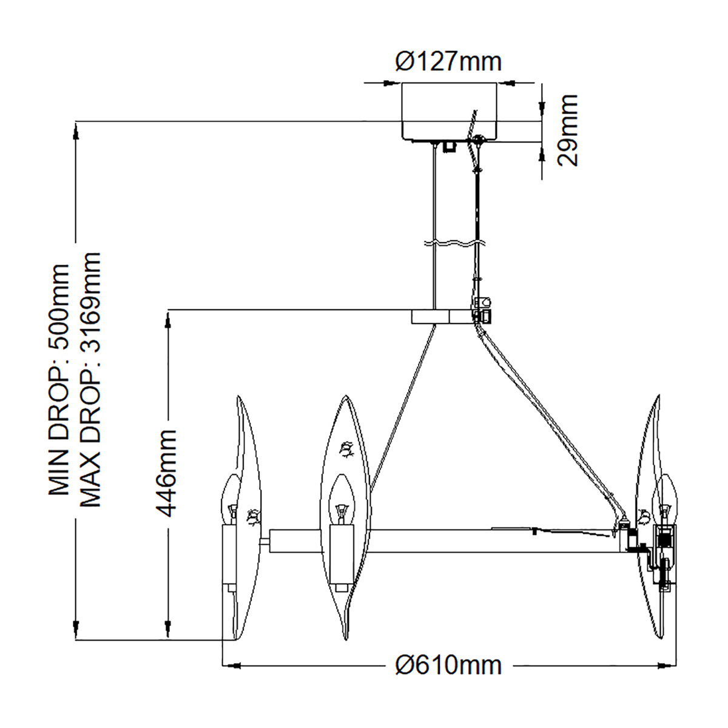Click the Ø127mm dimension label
(x=448, y=61)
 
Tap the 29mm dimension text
(x=568, y=130)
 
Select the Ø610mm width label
(x=448, y=665)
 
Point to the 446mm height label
(x=166, y=473)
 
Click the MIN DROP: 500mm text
(x=59, y=380)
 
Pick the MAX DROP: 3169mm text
(x=89, y=380)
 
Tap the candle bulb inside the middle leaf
(x=341, y=497)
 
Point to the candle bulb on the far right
(x=666, y=497)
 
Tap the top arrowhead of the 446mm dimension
(x=166, y=318)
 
